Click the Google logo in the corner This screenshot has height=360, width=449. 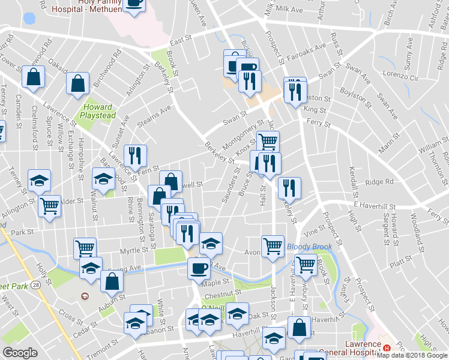pos(20,353)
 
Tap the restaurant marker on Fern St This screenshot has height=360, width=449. pos(135,157)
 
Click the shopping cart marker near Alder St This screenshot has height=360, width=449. pos(50,206)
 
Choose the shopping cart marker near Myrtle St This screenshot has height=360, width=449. pos(85,248)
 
